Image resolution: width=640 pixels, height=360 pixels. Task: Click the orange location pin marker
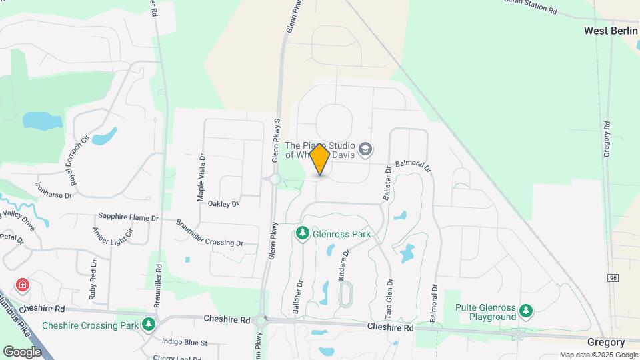tap(320, 160)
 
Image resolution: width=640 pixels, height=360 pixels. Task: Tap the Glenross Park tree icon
tap(303, 233)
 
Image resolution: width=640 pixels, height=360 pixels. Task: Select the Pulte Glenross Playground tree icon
tap(527, 311)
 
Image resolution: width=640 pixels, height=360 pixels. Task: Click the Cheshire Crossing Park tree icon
tap(149, 325)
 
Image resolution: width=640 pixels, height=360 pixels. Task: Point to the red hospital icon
tap(23, 285)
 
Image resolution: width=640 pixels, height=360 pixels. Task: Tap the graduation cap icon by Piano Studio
tap(365, 149)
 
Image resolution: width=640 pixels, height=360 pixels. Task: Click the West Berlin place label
tap(611, 31)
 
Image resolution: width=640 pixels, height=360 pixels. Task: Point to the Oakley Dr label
tap(223, 203)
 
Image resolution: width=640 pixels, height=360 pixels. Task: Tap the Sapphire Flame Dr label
tap(128, 217)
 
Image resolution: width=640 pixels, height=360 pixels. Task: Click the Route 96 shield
tap(613, 277)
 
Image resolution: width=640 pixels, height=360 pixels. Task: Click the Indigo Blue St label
tap(185, 342)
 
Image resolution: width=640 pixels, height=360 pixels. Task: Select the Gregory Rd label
tap(607, 139)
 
